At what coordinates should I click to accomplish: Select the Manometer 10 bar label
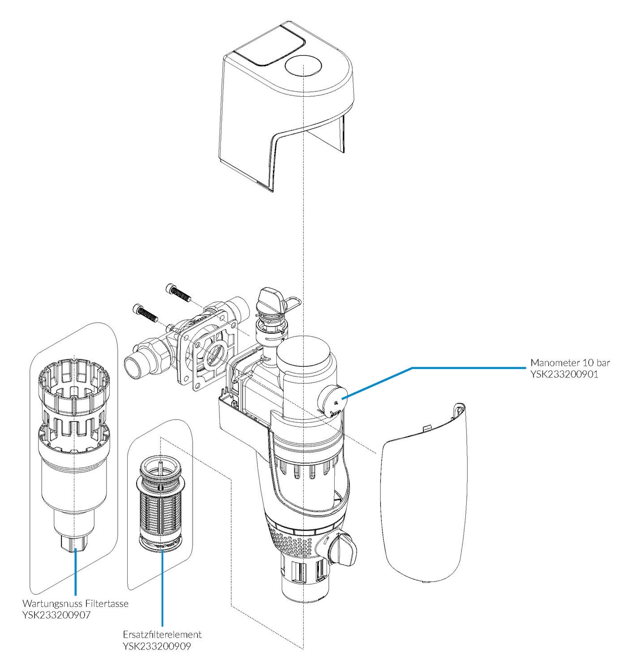[568, 362]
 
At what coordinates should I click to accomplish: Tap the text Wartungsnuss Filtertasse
[75, 604]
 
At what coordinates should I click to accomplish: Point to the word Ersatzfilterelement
[162, 635]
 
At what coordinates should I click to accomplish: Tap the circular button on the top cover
[303, 66]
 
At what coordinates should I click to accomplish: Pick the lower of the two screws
[144, 312]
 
